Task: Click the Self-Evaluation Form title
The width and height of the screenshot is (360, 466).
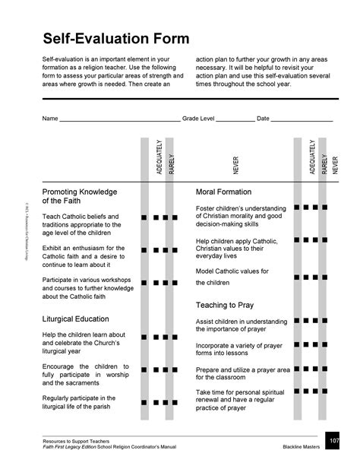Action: [x=115, y=38]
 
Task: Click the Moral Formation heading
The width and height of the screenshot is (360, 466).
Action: [x=223, y=192]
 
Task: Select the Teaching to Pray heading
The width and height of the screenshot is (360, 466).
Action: [x=226, y=305]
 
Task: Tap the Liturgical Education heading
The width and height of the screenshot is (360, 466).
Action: [x=84, y=319]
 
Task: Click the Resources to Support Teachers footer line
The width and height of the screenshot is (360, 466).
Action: [x=79, y=441]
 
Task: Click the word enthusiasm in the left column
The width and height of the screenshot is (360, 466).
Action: [x=95, y=248]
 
